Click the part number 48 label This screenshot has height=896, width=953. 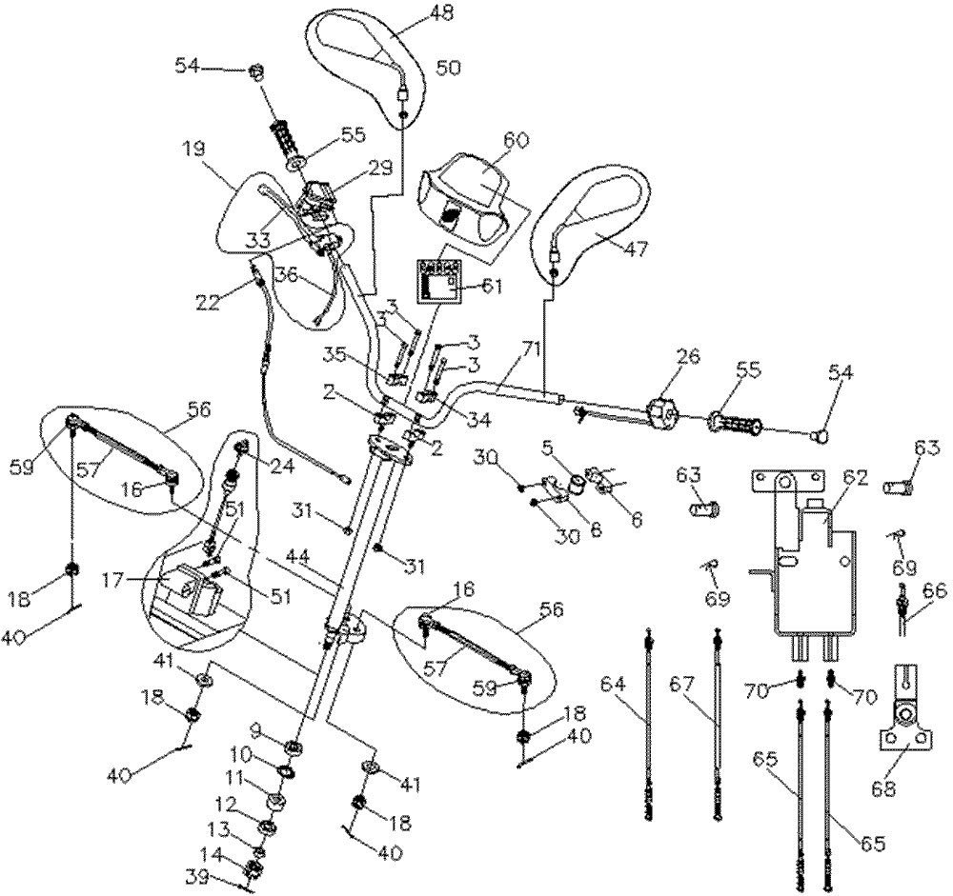(442, 11)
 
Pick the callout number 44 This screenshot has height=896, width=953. (297, 554)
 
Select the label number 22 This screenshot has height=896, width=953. (208, 302)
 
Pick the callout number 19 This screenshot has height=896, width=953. (193, 149)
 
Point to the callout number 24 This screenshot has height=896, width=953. (281, 466)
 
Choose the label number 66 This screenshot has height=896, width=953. (934, 589)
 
